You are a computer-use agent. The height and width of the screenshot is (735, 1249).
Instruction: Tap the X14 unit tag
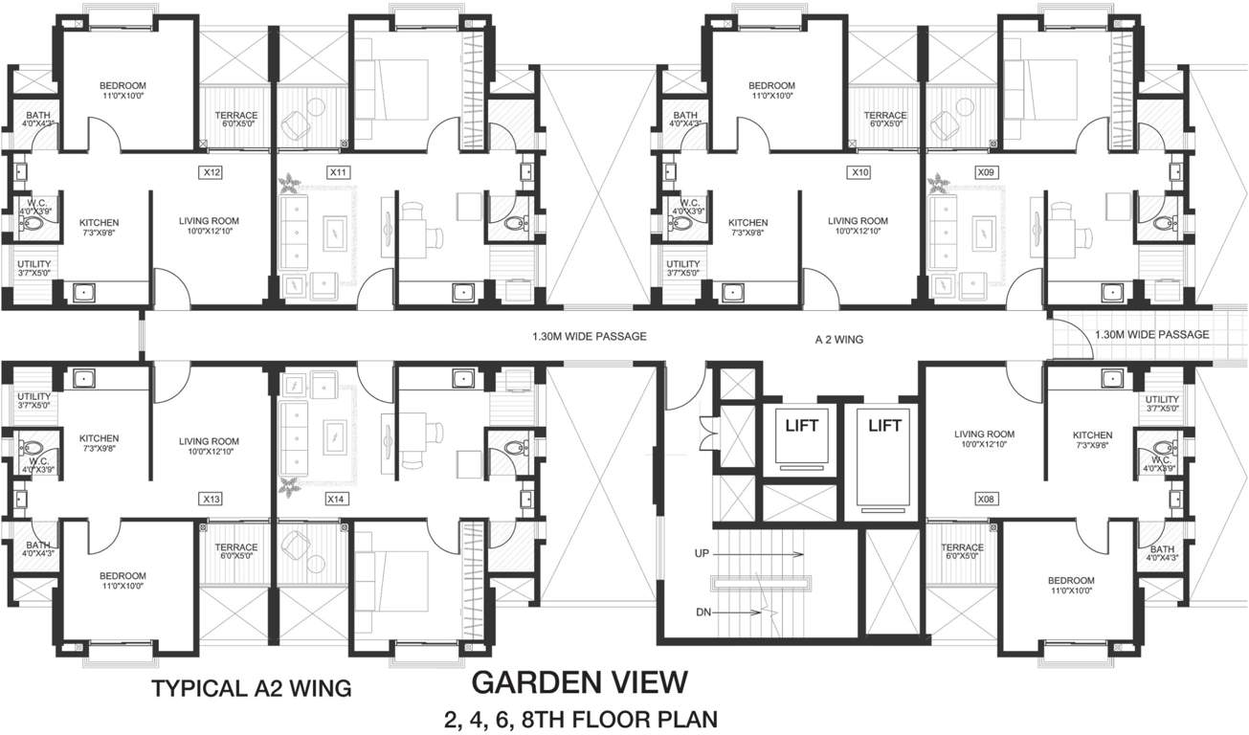coord(335,499)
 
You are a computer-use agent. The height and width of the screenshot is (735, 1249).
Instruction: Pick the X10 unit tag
coord(859,173)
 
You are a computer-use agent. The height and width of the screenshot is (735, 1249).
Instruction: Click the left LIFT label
coord(801,426)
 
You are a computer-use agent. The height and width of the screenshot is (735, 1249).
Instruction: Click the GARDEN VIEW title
coord(580,682)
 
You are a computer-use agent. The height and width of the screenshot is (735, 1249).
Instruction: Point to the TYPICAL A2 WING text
coord(252,687)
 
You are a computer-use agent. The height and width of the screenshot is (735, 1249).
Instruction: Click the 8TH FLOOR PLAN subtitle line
coord(580,718)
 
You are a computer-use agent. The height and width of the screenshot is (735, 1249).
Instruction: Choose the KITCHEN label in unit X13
coord(99,439)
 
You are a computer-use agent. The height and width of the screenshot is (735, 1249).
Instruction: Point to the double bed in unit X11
coord(391,100)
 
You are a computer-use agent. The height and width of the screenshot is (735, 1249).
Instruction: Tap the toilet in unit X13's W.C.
coord(32,447)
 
